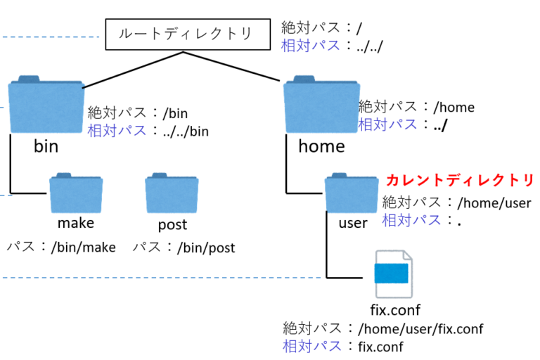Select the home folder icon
pos(321,105)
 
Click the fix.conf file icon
pos(392,275)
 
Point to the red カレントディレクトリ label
pos(460,180)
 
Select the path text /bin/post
pos(205,247)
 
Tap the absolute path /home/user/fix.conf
pos(420,328)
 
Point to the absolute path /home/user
pos(491,202)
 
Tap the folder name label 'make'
pos(76,224)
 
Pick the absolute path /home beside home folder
pos(454,108)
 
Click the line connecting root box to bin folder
pos(134,70)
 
